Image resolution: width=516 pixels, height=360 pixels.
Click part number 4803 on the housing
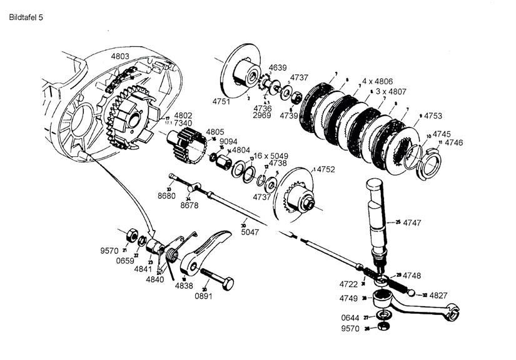[120, 57]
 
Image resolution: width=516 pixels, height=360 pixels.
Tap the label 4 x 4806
[378, 81]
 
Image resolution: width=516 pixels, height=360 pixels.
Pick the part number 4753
[434, 116]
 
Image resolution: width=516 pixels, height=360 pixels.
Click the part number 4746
[455, 142]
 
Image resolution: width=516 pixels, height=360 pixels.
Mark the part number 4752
[325, 169]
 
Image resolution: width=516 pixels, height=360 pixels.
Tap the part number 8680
[166, 196]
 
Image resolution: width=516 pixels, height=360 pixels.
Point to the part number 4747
[413, 222]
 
